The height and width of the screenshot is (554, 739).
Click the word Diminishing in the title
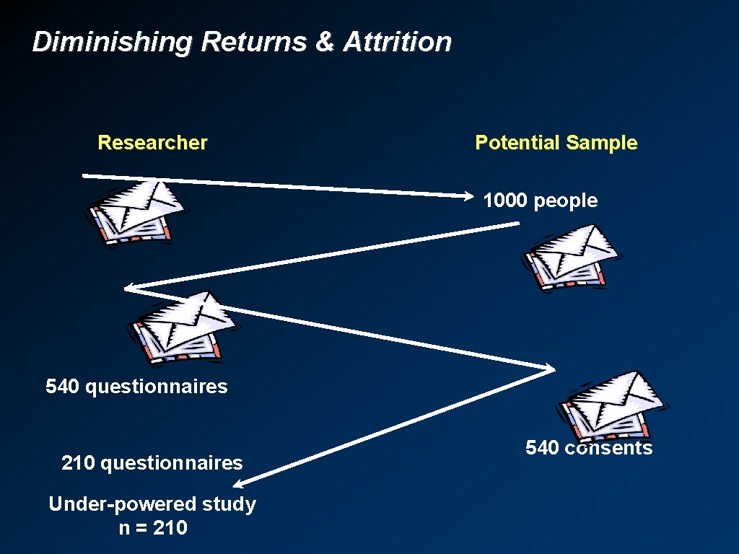pyautogui.click(x=112, y=42)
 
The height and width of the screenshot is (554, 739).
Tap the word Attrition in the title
pyautogui.click(x=397, y=42)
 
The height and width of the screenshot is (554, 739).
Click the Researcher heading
pyautogui.click(x=152, y=143)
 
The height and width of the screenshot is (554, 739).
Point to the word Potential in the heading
pyautogui.click(x=517, y=143)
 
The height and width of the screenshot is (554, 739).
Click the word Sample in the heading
pyautogui.click(x=602, y=143)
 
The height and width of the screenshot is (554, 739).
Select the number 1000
pyautogui.click(x=506, y=201)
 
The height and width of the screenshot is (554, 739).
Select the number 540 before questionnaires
pyautogui.click(x=63, y=387)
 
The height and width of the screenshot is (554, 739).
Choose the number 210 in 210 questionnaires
pyautogui.click(x=79, y=463)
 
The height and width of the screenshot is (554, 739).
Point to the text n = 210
pyautogui.click(x=152, y=528)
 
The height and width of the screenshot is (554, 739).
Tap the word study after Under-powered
pyautogui.click(x=229, y=504)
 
